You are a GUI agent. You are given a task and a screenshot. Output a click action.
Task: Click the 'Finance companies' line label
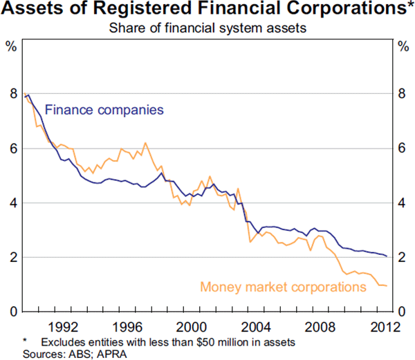[104, 109]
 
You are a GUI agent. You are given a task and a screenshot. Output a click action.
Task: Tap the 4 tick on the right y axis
[404, 203]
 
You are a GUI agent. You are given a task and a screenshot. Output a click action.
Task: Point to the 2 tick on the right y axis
[404, 258]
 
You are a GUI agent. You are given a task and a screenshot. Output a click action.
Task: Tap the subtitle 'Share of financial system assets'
[207, 29]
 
